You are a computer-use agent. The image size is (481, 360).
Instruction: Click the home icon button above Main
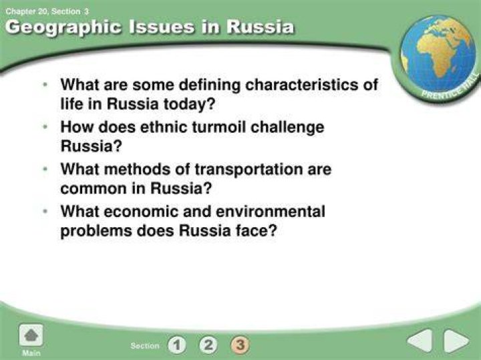tap(31, 335)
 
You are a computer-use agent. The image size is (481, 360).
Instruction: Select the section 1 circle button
tap(177, 345)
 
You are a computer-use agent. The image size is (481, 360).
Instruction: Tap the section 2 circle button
tap(208, 345)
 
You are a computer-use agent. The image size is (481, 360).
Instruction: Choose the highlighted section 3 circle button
tap(240, 345)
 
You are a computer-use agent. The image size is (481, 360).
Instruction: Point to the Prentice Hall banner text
tap(450, 86)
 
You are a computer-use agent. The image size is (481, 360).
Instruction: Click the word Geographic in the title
tap(63, 27)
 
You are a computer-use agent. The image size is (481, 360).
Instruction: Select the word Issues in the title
tap(162, 26)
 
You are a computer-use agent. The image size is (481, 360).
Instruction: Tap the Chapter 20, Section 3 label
tap(47, 11)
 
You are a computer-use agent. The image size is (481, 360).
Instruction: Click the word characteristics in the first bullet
tap(301, 84)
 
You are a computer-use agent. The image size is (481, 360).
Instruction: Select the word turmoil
tap(218, 127)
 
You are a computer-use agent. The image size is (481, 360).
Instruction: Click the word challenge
tap(287, 128)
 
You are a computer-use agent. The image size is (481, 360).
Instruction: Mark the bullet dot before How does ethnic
tap(45, 126)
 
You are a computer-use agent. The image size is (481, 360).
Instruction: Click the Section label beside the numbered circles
tap(145, 345)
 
